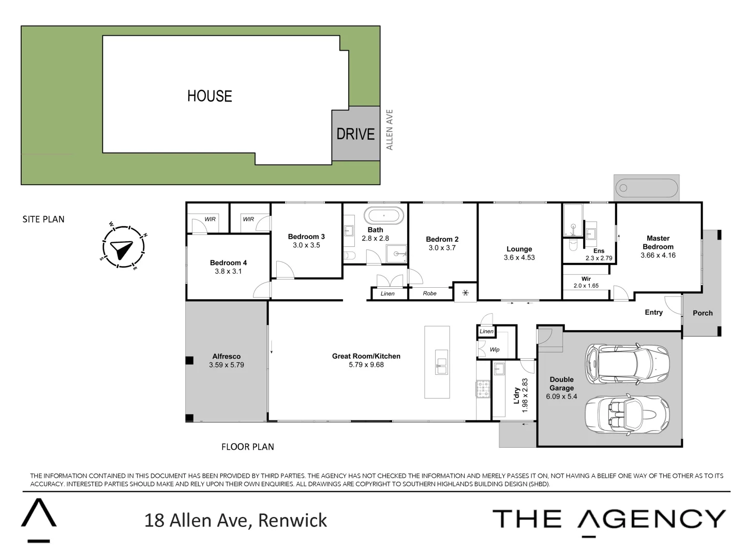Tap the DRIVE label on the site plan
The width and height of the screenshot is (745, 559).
[x=355, y=134]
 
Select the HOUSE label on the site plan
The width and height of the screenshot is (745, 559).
[x=210, y=96]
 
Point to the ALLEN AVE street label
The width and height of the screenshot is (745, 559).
[x=390, y=129]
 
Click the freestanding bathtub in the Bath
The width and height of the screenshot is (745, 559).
[x=383, y=215]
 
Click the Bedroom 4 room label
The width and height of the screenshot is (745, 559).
[x=228, y=262]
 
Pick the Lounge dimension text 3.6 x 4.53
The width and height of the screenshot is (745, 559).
[x=519, y=258]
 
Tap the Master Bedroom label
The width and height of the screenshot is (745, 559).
[x=658, y=242]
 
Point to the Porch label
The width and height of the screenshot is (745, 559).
[x=703, y=313]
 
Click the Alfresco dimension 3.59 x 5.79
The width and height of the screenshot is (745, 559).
[x=227, y=365]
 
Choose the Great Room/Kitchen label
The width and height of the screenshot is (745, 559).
[x=366, y=356]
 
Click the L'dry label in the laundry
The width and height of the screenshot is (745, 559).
[x=516, y=395]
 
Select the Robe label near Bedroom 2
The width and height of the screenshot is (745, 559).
[x=429, y=293]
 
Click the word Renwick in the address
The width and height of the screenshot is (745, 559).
[x=292, y=520]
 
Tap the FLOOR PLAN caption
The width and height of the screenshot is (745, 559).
[x=247, y=447]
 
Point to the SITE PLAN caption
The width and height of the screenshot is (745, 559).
[x=43, y=219]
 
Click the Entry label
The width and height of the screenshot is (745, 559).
[x=653, y=312]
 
